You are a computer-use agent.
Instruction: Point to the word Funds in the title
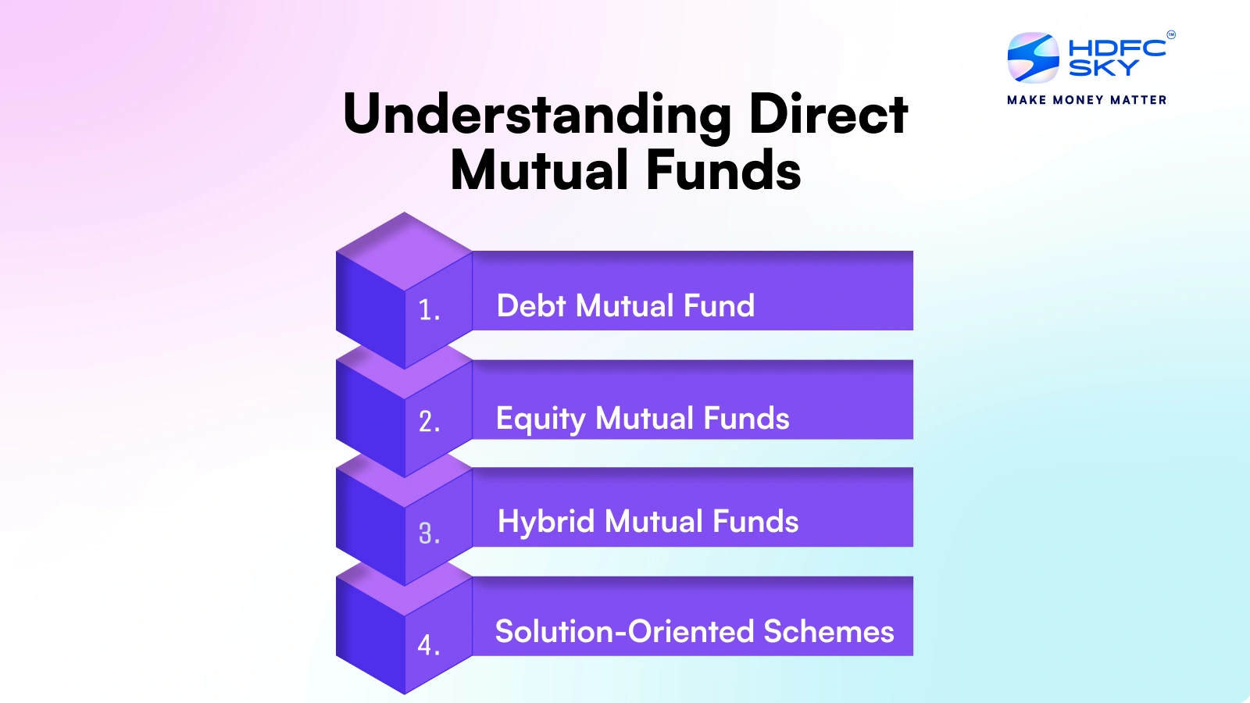(x=723, y=171)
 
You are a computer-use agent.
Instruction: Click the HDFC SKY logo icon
(x=1033, y=58)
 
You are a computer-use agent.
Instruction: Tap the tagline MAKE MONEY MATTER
(x=1087, y=100)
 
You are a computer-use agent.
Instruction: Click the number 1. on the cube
(x=429, y=311)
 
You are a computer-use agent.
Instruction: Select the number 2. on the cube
(x=429, y=423)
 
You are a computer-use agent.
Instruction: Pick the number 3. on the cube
(x=429, y=534)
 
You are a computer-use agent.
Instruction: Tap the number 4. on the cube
(x=428, y=645)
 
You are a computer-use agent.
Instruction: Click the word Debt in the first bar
(x=531, y=305)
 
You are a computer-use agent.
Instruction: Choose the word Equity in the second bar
(x=541, y=419)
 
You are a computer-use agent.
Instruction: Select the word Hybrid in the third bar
(x=546, y=522)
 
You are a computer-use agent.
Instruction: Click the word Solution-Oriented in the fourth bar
(x=624, y=631)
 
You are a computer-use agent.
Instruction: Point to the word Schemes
(x=829, y=631)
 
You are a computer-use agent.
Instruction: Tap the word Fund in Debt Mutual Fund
(x=719, y=305)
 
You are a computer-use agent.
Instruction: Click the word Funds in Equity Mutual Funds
(x=746, y=419)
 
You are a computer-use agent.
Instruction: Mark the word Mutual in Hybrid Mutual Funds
(x=654, y=522)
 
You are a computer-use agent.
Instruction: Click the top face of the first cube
(x=405, y=252)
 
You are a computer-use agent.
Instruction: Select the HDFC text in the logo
(x=1116, y=48)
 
